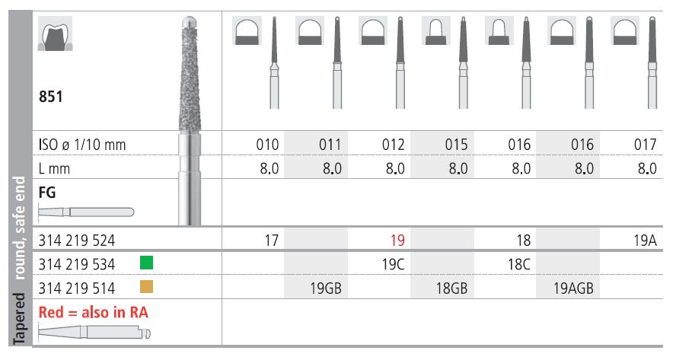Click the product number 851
[50, 97]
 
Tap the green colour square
[147, 263]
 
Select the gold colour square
[147, 287]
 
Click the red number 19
[397, 241]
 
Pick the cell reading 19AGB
[573, 288]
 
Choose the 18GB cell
[452, 288]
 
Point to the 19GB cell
[326, 288]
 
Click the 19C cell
[393, 264]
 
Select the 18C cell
[519, 264]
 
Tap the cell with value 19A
[645, 241]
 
